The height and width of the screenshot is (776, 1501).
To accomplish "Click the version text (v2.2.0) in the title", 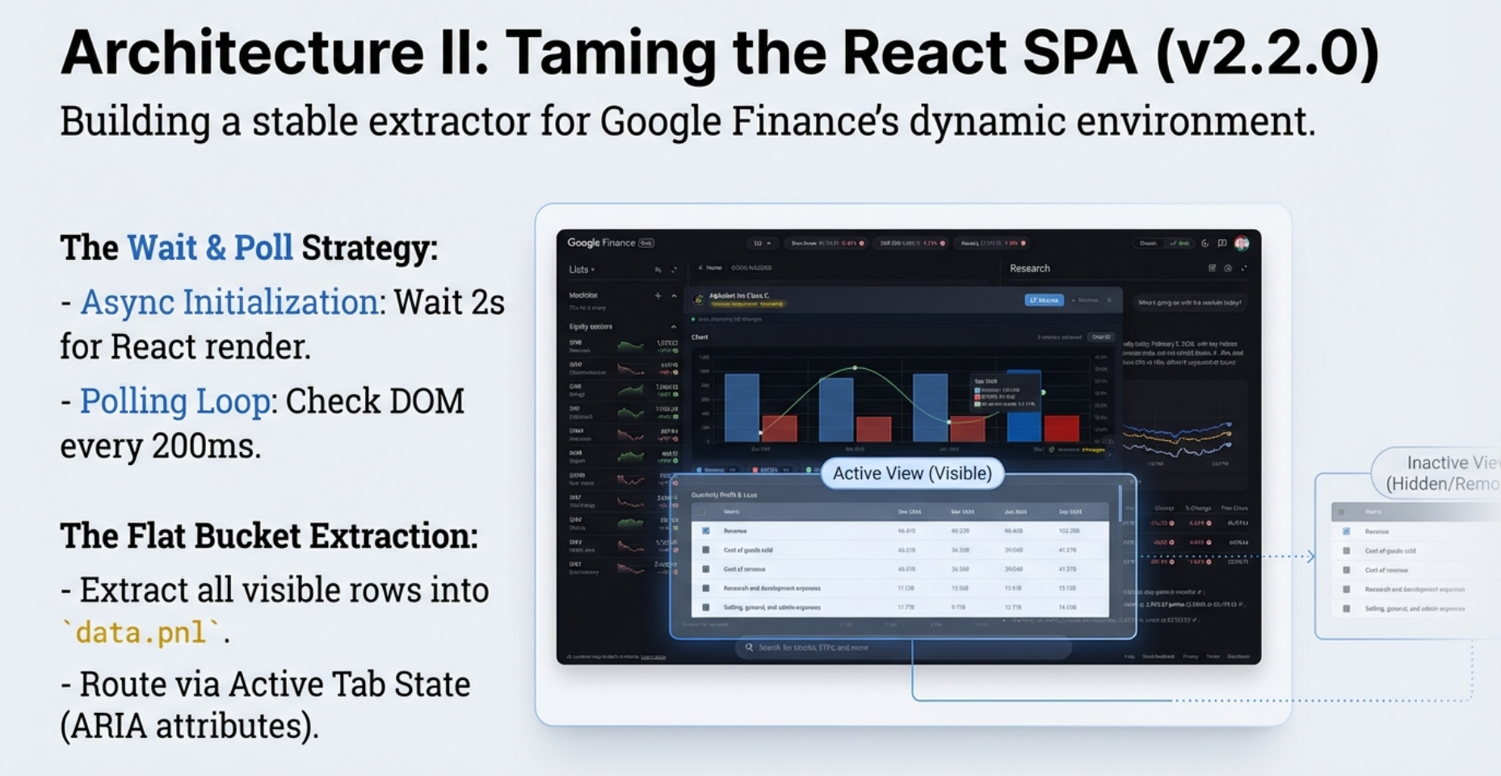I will pyautogui.click(x=1268, y=53).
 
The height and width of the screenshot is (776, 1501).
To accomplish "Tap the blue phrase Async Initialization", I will pyautogui.click(x=229, y=303).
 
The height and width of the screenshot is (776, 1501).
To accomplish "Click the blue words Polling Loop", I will pyautogui.click(x=174, y=401).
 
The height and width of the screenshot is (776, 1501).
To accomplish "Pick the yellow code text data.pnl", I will pyautogui.click(x=141, y=633).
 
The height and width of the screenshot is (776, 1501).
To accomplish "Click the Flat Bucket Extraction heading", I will pyautogui.click(x=269, y=536).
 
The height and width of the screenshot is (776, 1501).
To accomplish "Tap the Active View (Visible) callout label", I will pyautogui.click(x=912, y=473).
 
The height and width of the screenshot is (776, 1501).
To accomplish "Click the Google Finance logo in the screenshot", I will pyautogui.click(x=602, y=243).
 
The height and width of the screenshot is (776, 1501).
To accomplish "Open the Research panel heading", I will pyautogui.click(x=1029, y=269).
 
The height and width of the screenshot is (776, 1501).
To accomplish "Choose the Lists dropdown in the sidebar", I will pyautogui.click(x=581, y=270).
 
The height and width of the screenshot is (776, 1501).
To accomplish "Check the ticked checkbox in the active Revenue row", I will pyautogui.click(x=706, y=531).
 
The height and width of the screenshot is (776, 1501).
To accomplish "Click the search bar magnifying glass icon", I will pyautogui.click(x=749, y=648).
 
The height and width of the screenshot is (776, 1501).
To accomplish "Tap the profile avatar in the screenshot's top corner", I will pyautogui.click(x=1242, y=243).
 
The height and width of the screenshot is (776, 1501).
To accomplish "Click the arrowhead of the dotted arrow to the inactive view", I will pyautogui.click(x=1310, y=556).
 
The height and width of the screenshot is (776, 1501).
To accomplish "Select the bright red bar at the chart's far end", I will pyautogui.click(x=1062, y=428).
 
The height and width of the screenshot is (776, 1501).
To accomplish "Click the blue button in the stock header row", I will pyautogui.click(x=1044, y=300).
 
